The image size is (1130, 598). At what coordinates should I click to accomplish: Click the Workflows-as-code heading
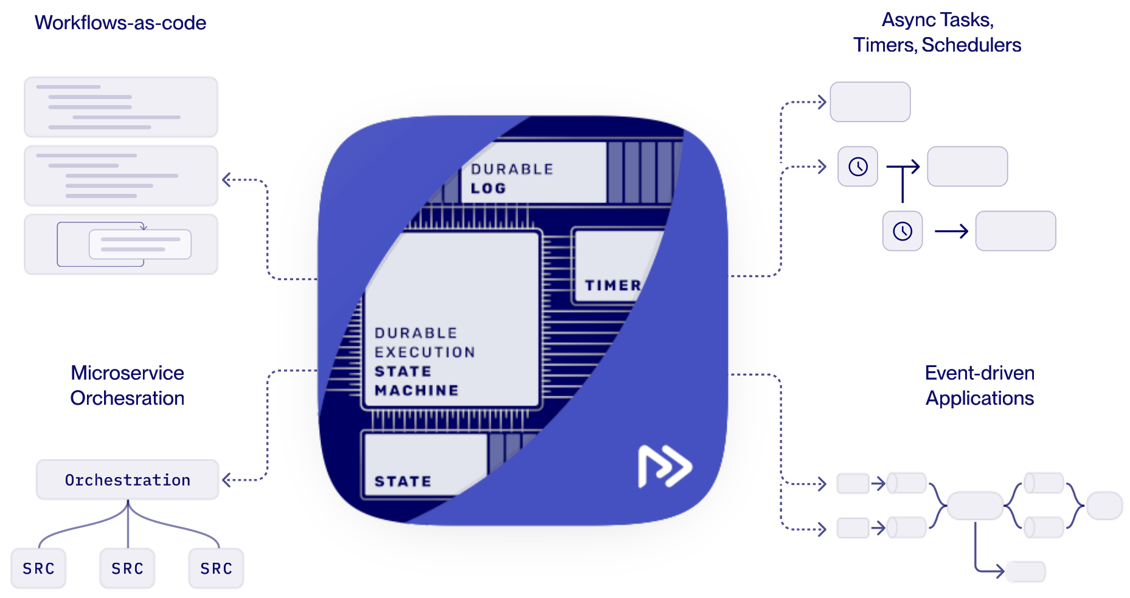pyautogui.click(x=120, y=23)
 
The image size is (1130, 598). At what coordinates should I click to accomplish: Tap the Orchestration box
pyautogui.click(x=127, y=480)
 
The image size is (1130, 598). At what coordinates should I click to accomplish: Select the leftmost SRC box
pyautogui.click(x=38, y=569)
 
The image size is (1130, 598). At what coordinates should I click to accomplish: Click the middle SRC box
pyautogui.click(x=127, y=569)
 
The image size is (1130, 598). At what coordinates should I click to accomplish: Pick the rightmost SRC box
pyautogui.click(x=216, y=569)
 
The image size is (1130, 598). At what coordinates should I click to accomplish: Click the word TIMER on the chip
pyautogui.click(x=612, y=285)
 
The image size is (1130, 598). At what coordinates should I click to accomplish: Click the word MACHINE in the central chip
pyautogui.click(x=417, y=390)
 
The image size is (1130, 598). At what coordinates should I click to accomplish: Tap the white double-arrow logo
pyautogui.click(x=665, y=466)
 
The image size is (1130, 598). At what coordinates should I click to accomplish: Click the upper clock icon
pyautogui.click(x=858, y=167)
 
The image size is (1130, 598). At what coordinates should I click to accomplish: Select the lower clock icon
pyautogui.click(x=903, y=231)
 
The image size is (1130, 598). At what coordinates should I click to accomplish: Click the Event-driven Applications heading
pyautogui.click(x=979, y=385)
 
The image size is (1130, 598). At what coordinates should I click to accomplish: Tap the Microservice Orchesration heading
pyautogui.click(x=127, y=385)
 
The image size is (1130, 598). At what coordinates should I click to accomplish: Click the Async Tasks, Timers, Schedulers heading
pyautogui.click(x=937, y=32)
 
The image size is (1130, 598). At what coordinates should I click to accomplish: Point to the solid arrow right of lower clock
pyautogui.click(x=951, y=231)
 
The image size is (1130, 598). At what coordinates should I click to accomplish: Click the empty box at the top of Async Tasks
pyautogui.click(x=870, y=102)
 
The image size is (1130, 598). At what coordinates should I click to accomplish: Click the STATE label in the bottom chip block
pyautogui.click(x=403, y=481)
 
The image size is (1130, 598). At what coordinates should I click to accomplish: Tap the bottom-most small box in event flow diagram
pyautogui.click(x=1025, y=571)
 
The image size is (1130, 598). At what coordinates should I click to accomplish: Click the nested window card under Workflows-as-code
pyautogui.click(x=121, y=244)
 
